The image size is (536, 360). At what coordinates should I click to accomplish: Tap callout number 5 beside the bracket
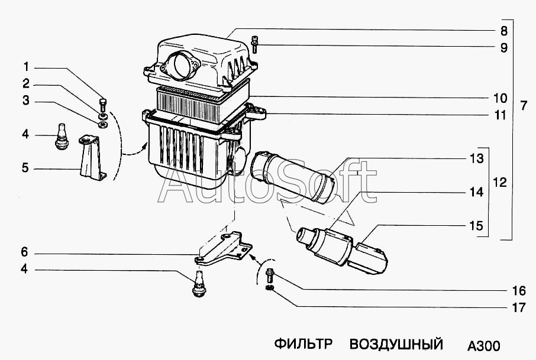click(x=25, y=168)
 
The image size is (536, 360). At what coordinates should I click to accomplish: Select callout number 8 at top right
click(x=503, y=30)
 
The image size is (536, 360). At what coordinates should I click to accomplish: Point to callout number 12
click(x=500, y=183)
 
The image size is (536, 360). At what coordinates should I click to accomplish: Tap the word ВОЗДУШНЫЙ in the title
click(x=396, y=344)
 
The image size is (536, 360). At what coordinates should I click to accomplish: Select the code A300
click(x=483, y=345)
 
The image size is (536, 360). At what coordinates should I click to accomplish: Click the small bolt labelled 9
click(x=254, y=44)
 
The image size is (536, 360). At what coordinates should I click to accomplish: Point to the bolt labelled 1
click(x=104, y=105)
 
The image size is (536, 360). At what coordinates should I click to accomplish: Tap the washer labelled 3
click(x=102, y=124)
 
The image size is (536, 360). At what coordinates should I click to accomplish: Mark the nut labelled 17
click(x=269, y=288)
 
